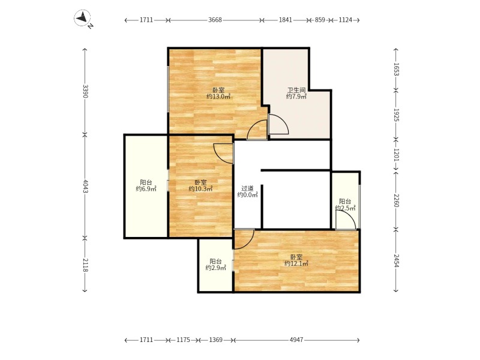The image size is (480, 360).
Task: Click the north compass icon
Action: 83,18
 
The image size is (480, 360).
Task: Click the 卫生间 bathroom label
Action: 296,91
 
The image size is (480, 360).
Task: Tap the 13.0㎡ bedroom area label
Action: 218,97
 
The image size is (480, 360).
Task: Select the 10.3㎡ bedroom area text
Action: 200,189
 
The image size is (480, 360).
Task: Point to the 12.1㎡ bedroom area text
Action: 296,263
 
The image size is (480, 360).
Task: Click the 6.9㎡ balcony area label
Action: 146,189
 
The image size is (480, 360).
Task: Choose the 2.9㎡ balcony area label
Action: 215,268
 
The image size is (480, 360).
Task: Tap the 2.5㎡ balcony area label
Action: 346,208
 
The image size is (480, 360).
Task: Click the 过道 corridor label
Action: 247,188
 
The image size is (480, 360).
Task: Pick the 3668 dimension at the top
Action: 215,20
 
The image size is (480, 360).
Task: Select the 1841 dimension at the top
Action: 286,20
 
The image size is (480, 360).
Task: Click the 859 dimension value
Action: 320,20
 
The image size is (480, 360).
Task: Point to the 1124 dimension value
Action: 346,20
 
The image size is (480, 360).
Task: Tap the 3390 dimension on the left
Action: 85,91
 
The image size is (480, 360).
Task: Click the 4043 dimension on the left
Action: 85,186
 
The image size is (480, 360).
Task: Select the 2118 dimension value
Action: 85,265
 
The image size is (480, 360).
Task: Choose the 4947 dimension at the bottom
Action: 296,340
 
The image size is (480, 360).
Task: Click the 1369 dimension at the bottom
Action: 216,340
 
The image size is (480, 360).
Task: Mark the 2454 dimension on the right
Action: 396,261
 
